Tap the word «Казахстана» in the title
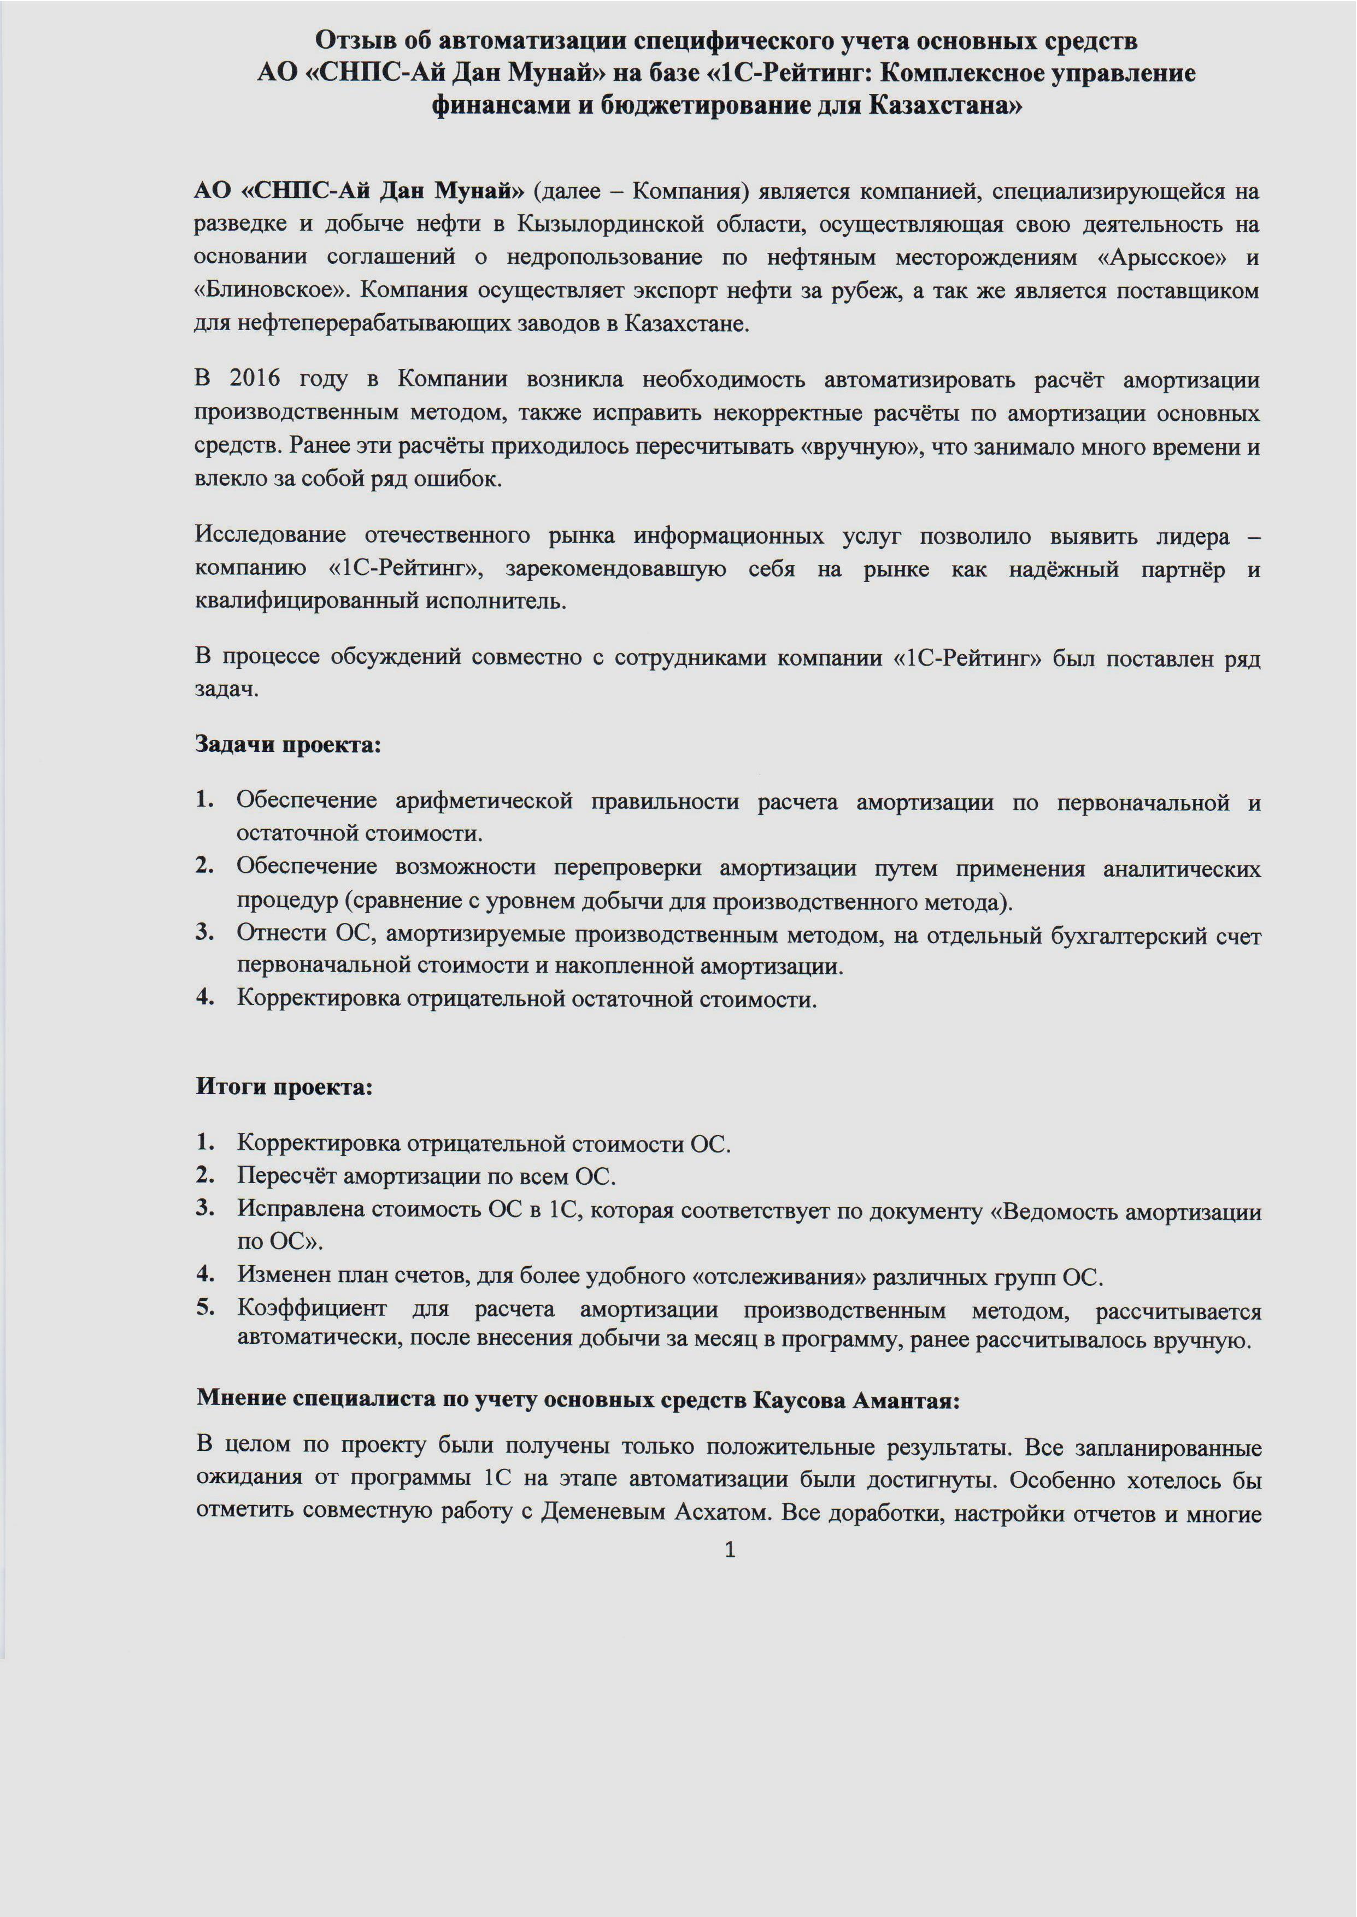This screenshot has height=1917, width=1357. pyautogui.click(x=944, y=106)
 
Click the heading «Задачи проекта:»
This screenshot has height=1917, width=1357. pyautogui.click(x=287, y=744)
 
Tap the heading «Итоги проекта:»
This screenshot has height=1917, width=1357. pyautogui.click(x=284, y=1087)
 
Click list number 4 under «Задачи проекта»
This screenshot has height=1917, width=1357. pyautogui.click(x=205, y=997)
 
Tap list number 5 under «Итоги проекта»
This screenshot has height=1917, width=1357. pyautogui.click(x=205, y=1307)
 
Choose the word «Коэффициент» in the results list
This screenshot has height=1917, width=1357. pyautogui.click(x=312, y=1308)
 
